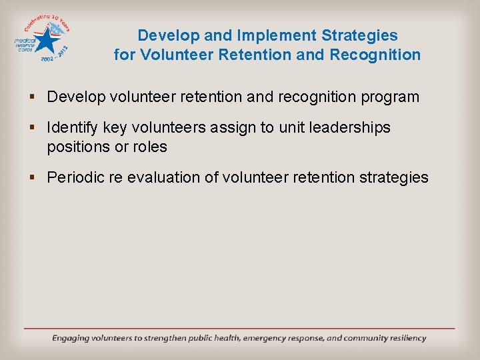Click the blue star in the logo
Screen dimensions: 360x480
[46, 42]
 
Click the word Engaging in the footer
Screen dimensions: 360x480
[75, 338]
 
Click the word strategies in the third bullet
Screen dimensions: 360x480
[393, 177]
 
